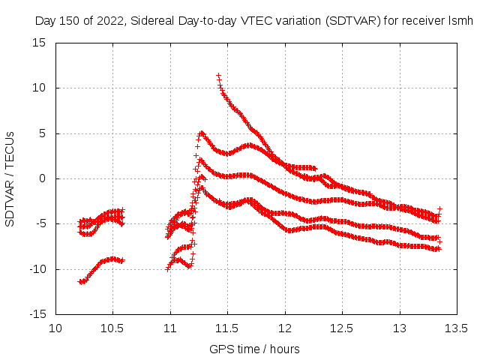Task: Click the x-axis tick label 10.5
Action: tap(113, 328)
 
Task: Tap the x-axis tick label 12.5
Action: tap(342, 328)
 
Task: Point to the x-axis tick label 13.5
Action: tap(457, 328)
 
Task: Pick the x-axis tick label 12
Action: tap(285, 328)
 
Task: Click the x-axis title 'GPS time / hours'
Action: tap(254, 349)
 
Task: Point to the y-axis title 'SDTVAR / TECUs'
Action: tap(10, 178)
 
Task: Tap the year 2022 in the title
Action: tap(109, 20)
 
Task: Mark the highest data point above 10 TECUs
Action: tap(218, 76)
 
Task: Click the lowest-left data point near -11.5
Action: tap(80, 281)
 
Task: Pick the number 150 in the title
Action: tap(70, 20)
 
